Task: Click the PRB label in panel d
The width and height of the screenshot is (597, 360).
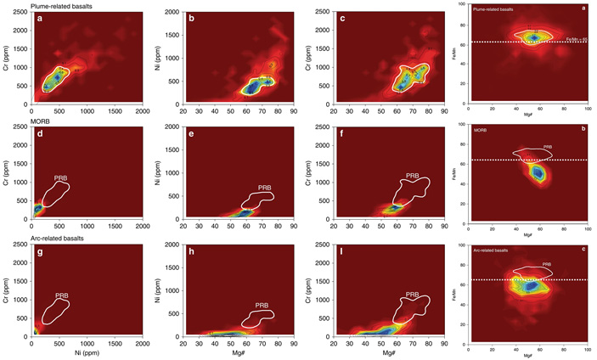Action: (x=61, y=178)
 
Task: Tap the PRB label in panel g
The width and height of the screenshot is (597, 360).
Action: (x=61, y=296)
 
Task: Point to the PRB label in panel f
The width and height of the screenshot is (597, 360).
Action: (x=412, y=175)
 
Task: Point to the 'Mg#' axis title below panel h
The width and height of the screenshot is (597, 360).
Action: (x=239, y=349)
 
